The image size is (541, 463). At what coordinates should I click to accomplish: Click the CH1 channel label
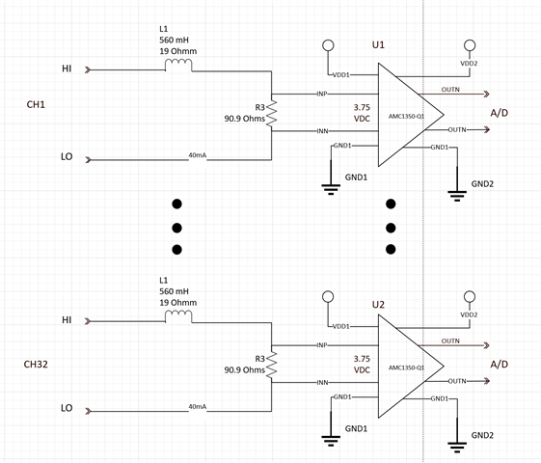coord(36,104)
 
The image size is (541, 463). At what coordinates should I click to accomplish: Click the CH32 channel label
coord(36,365)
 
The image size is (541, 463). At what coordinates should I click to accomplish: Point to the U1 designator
coord(378,44)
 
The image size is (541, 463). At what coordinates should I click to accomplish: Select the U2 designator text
coord(378,305)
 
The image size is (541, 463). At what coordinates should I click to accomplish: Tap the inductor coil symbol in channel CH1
coord(178,65)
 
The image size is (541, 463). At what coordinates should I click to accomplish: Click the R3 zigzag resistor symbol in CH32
coord(272,365)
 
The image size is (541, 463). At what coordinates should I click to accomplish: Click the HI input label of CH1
coord(67,68)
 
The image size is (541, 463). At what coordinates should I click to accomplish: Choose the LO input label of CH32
coord(67,408)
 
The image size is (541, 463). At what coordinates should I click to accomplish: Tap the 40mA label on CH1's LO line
coord(198,155)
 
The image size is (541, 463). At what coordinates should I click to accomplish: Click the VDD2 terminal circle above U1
coord(470,45)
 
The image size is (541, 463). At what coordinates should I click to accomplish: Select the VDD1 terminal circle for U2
coord(328,297)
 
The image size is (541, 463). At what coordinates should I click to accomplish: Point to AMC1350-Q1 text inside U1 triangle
coord(406,117)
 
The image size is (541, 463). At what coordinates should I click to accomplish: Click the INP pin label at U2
coord(322,345)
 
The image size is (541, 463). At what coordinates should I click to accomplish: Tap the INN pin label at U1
coord(323,131)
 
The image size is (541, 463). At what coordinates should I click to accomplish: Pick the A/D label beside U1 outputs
coord(500,113)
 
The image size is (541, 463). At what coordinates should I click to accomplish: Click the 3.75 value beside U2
coord(362,359)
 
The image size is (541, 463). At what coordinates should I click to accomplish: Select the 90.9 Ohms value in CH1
coord(245,119)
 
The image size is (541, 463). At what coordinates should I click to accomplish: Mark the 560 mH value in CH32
coord(175,291)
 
